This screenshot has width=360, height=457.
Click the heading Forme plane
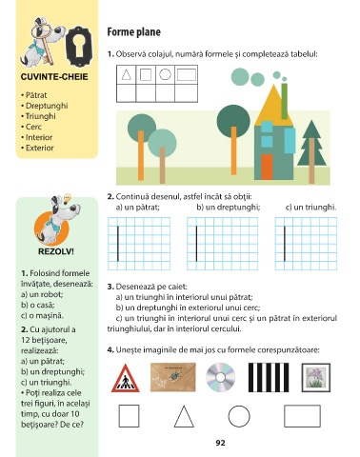pos(133,32)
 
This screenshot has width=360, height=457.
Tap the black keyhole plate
pos(79,47)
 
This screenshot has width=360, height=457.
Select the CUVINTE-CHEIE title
pos(54,77)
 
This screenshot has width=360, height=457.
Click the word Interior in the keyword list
pos(39,137)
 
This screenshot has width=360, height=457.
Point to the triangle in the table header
pos(127,75)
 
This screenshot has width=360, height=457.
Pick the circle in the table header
pos(165,74)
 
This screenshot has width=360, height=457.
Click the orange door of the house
pos(267,167)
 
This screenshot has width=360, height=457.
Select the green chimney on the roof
pos(285,101)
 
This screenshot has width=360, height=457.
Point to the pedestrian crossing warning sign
pos(126,378)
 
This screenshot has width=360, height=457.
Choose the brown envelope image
pos(173,377)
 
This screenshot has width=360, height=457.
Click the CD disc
pos(221,377)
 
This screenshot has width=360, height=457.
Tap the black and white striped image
pos(269,377)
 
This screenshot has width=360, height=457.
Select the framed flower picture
pos(316,378)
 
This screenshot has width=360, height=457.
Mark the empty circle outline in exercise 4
pos(239,406)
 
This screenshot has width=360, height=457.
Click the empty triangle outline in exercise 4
pos(179,416)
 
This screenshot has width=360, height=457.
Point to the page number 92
pos(220,443)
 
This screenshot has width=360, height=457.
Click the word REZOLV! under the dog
pos(56,251)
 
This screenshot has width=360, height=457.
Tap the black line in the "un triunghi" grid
pos(285,244)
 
